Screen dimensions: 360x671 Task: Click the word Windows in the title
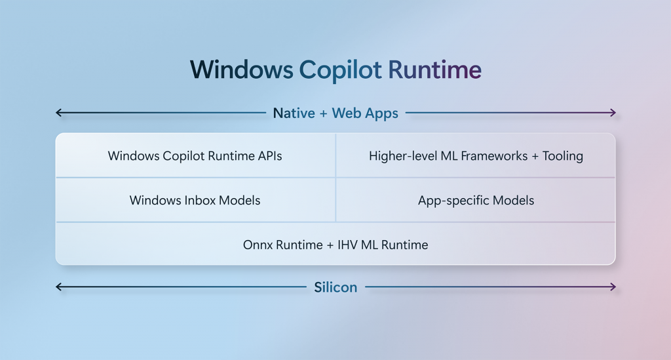240,70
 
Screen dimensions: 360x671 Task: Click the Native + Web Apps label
335,113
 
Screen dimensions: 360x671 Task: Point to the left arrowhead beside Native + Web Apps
59,113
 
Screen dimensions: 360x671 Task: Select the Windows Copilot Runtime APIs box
195,156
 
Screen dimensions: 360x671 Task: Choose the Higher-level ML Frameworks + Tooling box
476,156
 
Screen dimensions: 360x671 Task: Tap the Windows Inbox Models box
195,200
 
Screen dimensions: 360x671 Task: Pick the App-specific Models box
476,200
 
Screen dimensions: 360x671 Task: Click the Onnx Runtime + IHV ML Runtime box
335,245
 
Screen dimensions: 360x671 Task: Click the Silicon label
335,287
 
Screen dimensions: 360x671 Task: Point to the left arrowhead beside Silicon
59,287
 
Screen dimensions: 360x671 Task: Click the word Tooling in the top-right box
563,156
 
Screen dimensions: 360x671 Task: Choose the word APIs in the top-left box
269,156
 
